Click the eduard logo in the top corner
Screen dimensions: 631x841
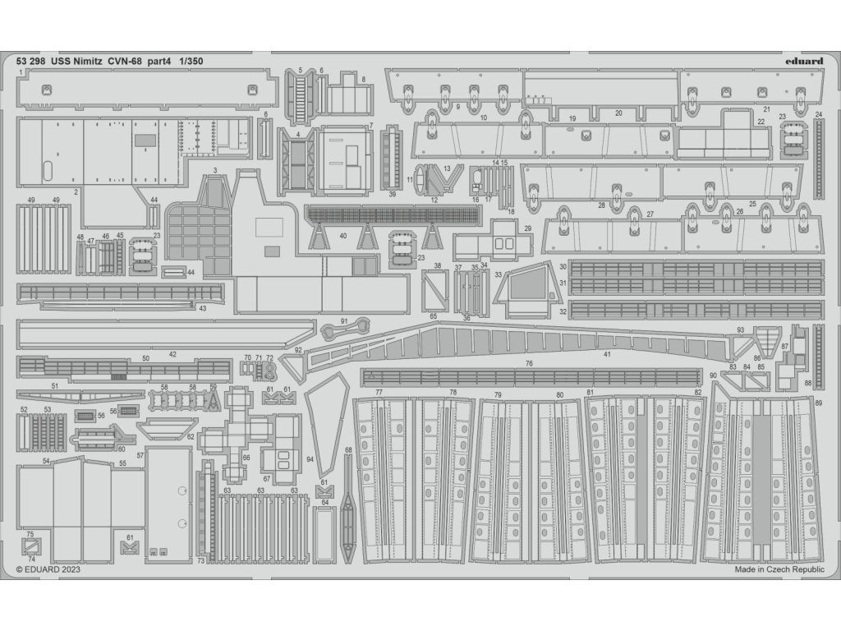(803, 60)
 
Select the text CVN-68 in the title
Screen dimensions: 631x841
(137, 61)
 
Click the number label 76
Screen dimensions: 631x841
(529, 363)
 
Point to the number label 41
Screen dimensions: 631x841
(608, 354)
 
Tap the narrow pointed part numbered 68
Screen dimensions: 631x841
(348, 501)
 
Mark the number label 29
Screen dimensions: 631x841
(528, 228)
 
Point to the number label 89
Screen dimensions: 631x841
(818, 402)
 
